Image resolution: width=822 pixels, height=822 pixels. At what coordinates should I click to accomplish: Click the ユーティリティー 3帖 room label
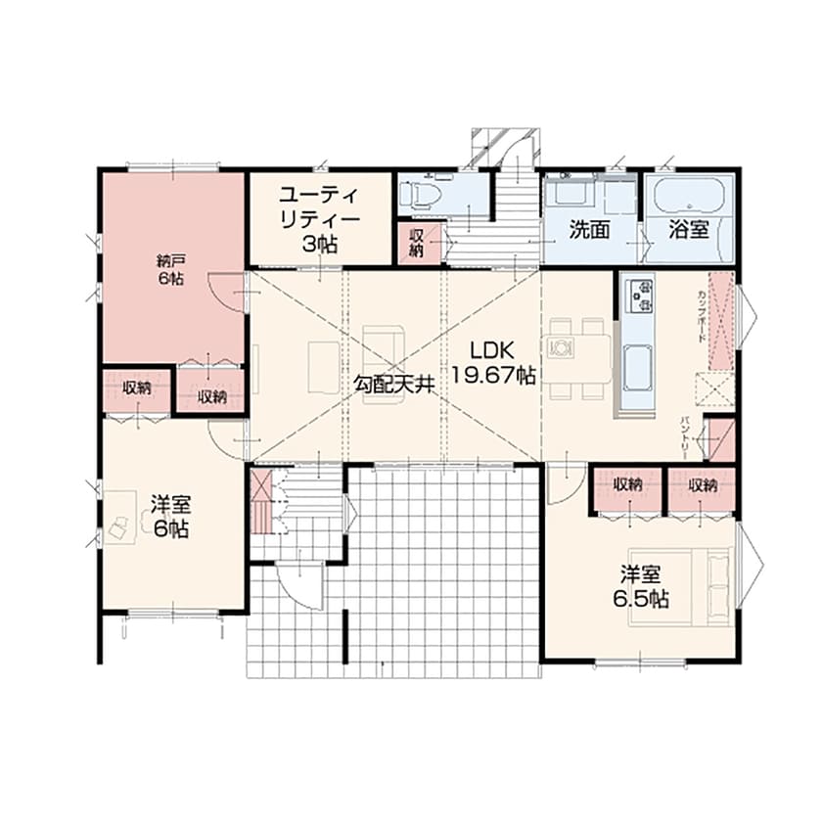point(320,218)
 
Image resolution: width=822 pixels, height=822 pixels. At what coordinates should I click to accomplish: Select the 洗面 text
point(590,231)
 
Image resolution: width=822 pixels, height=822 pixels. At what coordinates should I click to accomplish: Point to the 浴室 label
point(689,231)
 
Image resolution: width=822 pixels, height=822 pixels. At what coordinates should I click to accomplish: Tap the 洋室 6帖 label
point(170,517)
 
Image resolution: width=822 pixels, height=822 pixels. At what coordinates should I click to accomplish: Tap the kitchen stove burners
point(641,294)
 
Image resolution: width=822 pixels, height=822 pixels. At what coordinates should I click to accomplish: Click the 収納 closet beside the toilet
point(416,242)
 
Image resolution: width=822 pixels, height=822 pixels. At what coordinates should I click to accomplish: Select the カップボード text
point(702,315)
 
